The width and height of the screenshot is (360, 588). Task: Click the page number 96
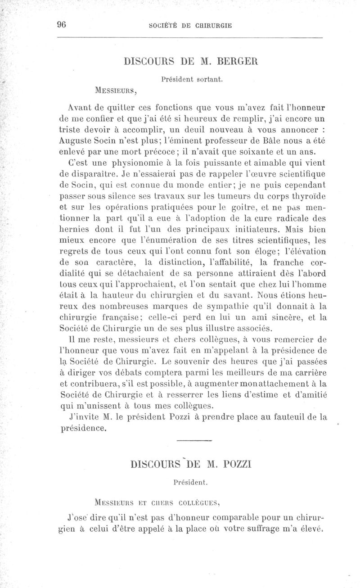click(61, 25)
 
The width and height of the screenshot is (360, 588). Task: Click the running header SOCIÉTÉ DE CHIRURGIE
click(190, 26)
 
